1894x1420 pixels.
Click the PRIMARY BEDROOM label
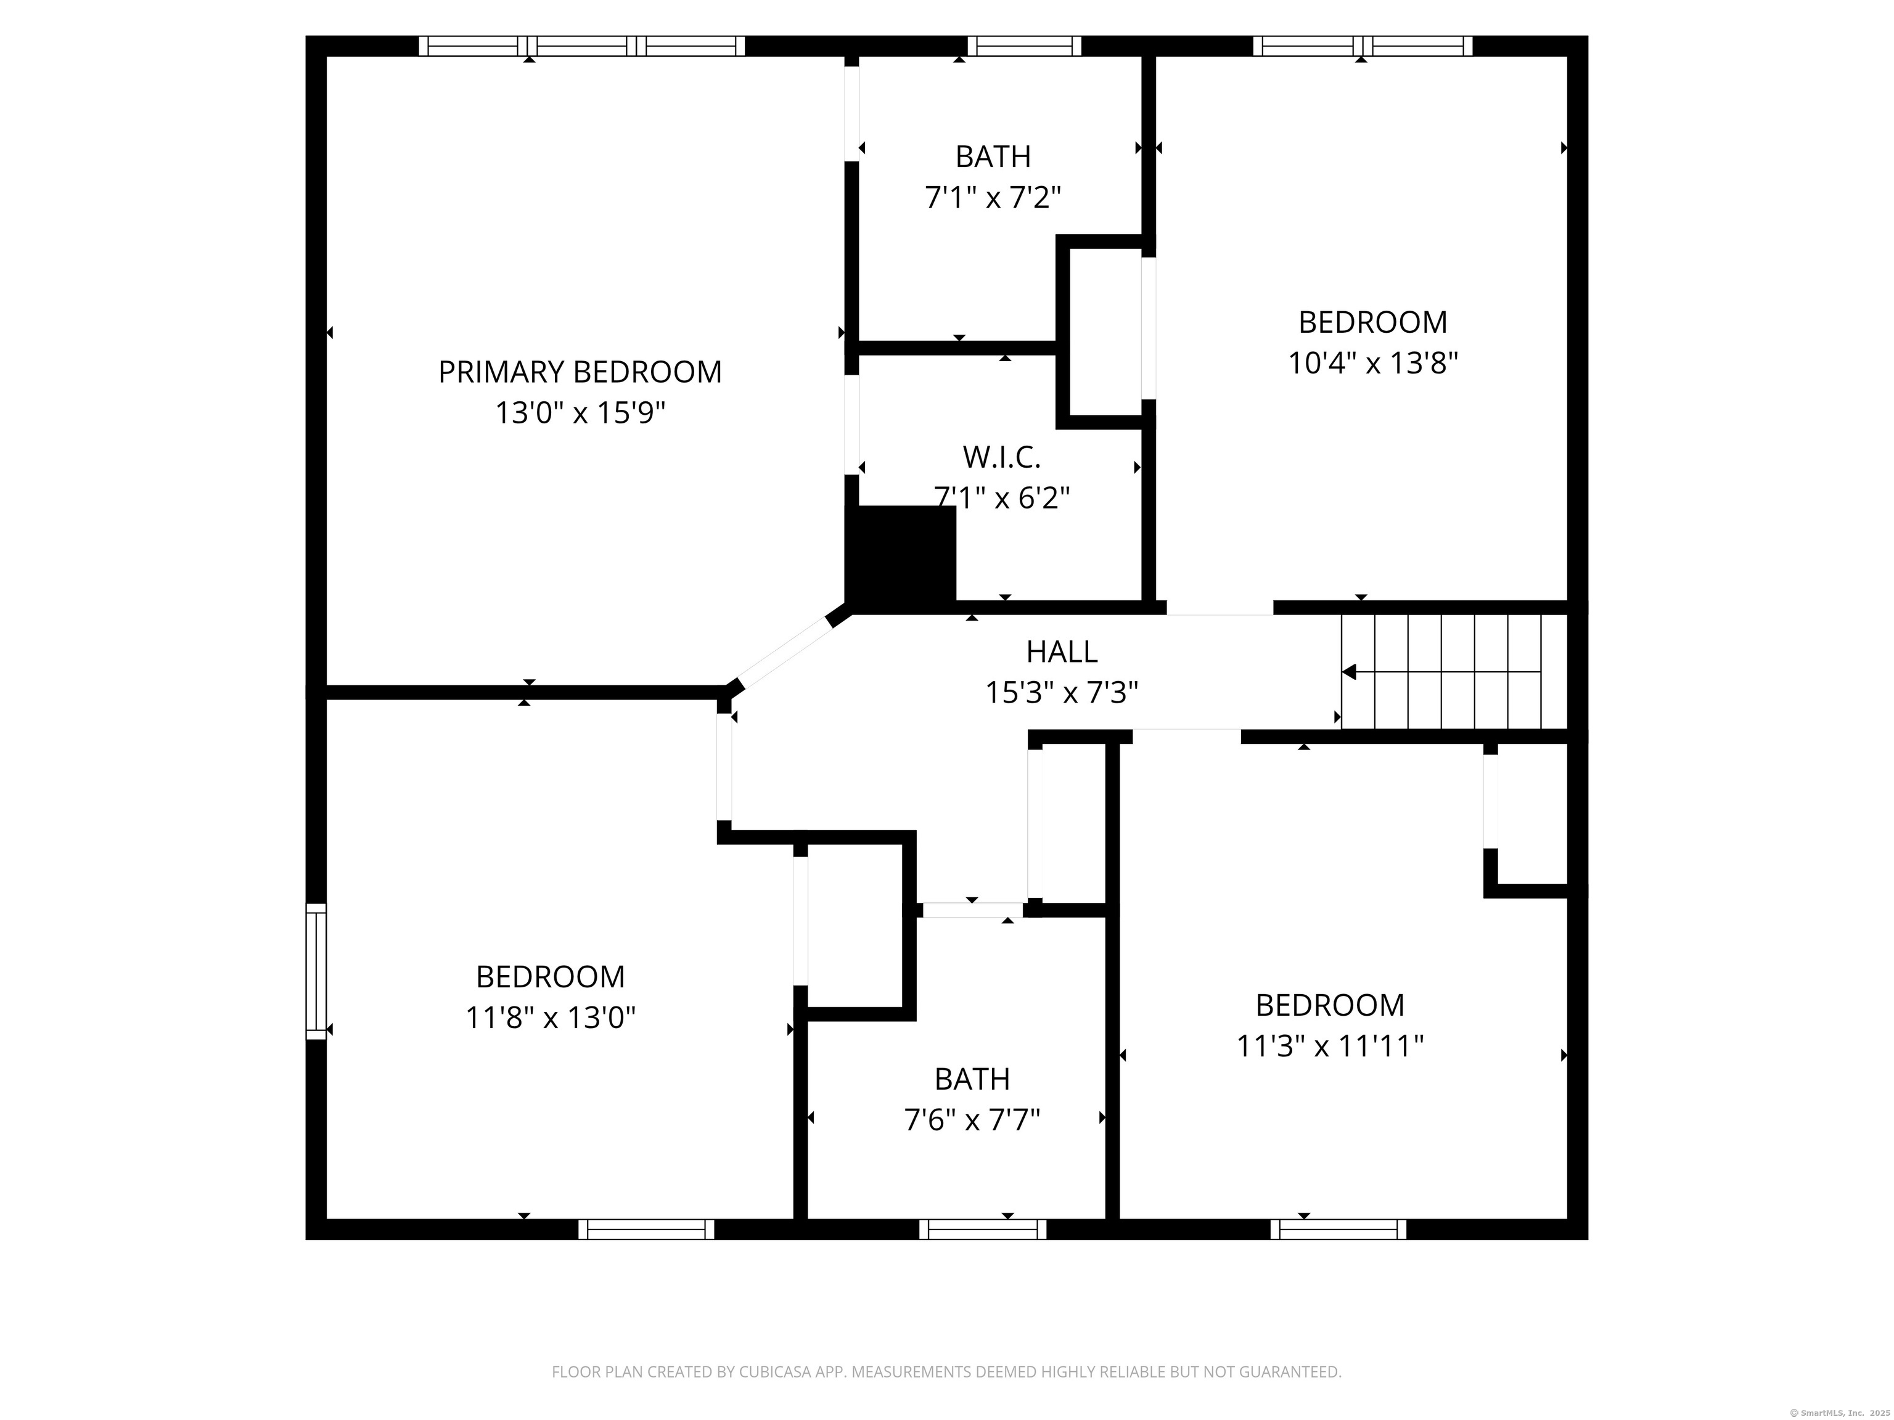point(580,372)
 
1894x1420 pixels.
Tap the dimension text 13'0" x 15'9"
point(580,414)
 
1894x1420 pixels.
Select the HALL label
point(1062,652)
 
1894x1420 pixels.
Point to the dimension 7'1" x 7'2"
point(993,198)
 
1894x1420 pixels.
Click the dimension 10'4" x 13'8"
point(1372,364)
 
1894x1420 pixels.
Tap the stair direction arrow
point(1350,673)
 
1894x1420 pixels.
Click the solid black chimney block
point(901,557)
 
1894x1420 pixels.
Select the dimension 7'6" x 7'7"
point(972,1120)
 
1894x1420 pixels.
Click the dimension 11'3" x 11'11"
point(1330,1046)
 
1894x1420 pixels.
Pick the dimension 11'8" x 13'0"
point(551,1018)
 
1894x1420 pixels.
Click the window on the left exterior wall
point(316,971)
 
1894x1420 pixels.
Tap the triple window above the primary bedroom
point(581,46)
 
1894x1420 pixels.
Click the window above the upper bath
point(1024,46)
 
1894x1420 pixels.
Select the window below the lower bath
point(982,1229)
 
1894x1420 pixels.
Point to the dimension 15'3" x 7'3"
point(1062,693)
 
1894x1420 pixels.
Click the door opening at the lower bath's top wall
point(972,909)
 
